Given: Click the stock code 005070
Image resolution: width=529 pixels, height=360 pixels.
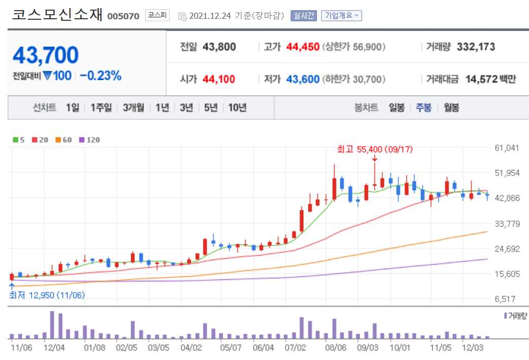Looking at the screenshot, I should [123, 16].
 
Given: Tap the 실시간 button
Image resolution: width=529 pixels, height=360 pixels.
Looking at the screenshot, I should [303, 16].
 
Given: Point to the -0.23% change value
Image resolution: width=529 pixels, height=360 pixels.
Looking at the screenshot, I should [100, 76].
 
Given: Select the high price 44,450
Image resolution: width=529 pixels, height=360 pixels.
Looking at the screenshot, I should [303, 47].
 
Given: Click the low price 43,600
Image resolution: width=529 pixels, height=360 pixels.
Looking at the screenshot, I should [303, 79].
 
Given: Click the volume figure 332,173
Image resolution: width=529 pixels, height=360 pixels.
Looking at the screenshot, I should [476, 47].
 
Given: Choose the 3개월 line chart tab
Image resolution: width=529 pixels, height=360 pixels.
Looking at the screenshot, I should [133, 107].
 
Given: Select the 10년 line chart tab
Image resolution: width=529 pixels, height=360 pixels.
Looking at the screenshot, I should [237, 107].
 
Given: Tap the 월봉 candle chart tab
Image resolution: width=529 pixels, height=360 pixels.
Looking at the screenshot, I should [451, 107].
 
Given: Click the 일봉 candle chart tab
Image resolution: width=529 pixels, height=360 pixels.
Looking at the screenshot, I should [397, 107].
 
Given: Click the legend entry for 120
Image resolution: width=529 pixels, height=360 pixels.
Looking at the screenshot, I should [90, 140].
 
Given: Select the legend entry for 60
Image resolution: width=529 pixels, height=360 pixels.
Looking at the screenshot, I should [64, 140].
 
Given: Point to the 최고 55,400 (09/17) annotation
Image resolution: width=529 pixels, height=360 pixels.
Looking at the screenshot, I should [374, 149].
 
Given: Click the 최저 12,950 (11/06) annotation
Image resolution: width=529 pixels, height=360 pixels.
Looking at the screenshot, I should [47, 295].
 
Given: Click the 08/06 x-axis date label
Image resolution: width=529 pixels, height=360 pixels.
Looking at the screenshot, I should [335, 348].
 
